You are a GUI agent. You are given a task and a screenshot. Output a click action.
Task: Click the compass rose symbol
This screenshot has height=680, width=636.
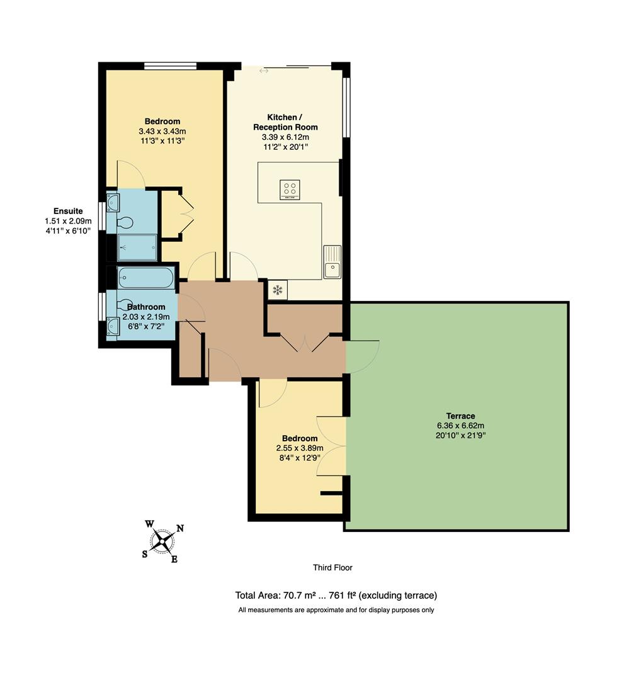tap(162, 541)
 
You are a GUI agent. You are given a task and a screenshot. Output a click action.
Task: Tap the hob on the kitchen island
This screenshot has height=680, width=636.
tap(290, 190)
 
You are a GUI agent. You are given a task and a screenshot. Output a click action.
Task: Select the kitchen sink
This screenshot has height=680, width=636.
tap(332, 262)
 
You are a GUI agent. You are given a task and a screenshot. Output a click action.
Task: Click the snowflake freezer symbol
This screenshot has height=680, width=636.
tap(276, 290)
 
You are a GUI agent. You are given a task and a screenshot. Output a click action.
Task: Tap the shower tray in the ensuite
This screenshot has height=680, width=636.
tap(137, 247)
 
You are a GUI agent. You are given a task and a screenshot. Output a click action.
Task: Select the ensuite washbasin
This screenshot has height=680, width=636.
tap(113, 202)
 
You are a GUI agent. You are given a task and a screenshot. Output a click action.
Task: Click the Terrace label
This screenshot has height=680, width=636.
tap(460, 416)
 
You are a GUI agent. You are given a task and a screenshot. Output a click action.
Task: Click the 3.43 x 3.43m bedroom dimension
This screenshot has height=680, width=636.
tap(162, 131)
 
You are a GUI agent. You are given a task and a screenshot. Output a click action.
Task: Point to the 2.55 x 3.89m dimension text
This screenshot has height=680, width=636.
tap(299, 448)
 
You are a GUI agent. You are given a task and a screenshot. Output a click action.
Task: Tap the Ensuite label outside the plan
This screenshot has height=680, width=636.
tap(68, 211)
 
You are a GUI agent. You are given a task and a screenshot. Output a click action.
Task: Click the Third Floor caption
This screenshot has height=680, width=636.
tap(332, 567)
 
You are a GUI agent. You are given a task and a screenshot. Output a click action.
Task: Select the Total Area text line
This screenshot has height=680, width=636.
tap(336, 595)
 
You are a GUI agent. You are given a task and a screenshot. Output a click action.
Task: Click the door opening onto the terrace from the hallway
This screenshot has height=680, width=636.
tap(362, 356)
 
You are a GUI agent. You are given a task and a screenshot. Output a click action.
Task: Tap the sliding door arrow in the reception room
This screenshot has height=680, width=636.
tap(264, 71)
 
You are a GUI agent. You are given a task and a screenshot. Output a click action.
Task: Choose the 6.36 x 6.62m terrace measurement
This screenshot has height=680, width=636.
tap(460, 425)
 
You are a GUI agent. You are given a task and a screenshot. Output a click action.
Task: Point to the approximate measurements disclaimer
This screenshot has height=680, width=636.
tap(336, 609)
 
